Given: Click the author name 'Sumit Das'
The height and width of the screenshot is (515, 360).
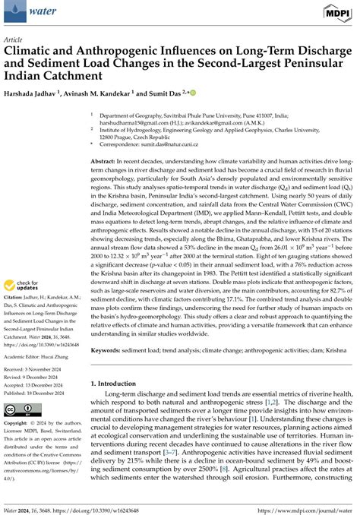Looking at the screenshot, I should (162, 93).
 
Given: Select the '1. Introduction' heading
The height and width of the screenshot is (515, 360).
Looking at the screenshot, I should (117, 384).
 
